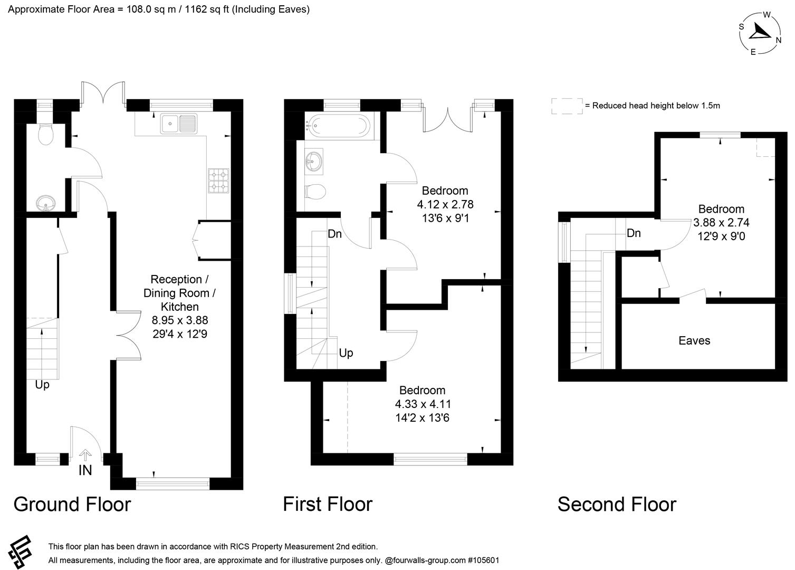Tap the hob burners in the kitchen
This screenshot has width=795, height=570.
coord(218,180)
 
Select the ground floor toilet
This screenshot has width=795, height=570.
coord(46,135)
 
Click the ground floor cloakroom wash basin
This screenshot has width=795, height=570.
coord(46,203)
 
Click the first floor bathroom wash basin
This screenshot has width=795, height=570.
coord(314,161)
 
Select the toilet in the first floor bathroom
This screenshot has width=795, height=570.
coord(315,191)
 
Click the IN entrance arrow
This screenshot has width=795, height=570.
coord(85,454)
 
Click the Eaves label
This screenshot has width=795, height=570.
coord(694,341)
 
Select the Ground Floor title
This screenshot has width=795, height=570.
coord(72,504)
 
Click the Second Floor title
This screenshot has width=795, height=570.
coord(616,504)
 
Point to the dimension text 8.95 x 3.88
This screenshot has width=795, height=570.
coord(180,320)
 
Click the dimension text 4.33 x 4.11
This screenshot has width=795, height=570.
coord(423,404)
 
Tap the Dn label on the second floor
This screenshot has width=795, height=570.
coord(634,233)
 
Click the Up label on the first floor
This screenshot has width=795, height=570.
coord(346,353)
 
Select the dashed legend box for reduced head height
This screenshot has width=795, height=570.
coord(567,106)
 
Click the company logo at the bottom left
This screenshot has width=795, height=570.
coord(20,553)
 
